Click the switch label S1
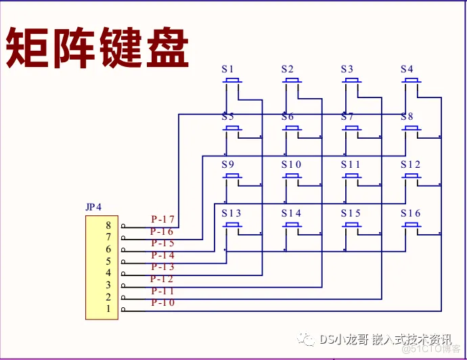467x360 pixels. click(227, 69)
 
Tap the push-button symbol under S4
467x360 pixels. click(411, 81)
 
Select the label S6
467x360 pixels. click(288, 117)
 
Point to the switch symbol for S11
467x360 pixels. click(351, 177)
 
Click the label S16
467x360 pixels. click(410, 213)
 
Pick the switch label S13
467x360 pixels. click(231, 213)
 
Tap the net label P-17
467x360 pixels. click(162, 219)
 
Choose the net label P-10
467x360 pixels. click(162, 302)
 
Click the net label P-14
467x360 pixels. click(162, 255)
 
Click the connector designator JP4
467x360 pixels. click(93, 207)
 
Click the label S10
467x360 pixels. click(292, 165)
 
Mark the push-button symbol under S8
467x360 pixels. click(411, 129)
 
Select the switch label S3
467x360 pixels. click(347, 69)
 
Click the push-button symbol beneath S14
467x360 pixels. click(292, 225)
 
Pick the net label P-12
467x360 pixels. click(162, 279)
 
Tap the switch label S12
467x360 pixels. click(410, 165)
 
